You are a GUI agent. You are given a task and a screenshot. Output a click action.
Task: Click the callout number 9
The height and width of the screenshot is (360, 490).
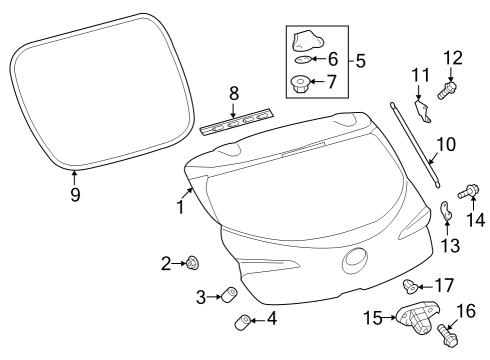click(x=74, y=195)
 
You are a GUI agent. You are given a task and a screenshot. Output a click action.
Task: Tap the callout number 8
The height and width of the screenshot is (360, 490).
click(x=234, y=93)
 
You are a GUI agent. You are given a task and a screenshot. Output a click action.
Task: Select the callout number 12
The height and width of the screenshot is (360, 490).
click(x=452, y=57)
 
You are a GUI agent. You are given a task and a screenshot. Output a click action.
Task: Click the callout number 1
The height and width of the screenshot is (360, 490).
click(x=181, y=208)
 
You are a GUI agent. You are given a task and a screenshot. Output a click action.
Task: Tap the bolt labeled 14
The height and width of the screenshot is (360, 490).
click(x=466, y=191)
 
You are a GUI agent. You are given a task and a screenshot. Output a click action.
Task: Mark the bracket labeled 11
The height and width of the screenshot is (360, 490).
click(x=422, y=110)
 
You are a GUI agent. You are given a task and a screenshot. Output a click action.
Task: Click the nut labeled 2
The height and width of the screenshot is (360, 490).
click(x=190, y=263)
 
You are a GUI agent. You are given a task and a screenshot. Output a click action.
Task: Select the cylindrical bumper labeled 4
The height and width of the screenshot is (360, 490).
click(x=241, y=321)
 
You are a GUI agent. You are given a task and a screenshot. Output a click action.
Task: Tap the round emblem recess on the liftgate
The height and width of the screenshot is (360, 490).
click(x=355, y=260)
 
